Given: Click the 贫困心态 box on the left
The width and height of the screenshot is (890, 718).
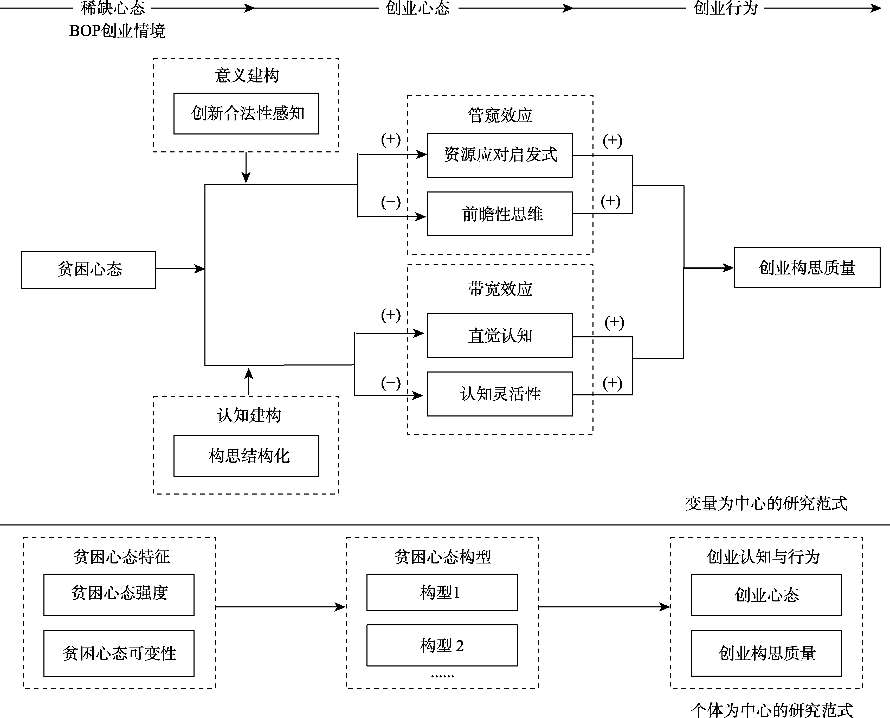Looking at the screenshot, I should click(88, 270).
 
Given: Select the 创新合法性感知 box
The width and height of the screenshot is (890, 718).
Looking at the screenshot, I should click(246, 114).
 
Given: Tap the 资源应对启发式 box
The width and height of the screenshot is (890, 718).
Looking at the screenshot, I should click(500, 156).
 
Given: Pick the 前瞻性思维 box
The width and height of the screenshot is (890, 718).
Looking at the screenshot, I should click(500, 214).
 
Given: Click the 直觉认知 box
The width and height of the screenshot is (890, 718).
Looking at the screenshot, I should click(500, 335).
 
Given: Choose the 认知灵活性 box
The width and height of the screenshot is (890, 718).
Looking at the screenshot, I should click(500, 394).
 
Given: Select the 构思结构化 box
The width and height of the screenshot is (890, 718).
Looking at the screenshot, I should click(246, 456).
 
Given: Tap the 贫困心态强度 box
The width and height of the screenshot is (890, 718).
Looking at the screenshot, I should click(119, 594).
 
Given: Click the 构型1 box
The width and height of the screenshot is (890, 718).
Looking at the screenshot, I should click(442, 592).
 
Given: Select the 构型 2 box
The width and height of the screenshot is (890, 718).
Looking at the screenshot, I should click(442, 645).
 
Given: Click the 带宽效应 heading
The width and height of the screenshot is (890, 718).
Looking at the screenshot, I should click(500, 289).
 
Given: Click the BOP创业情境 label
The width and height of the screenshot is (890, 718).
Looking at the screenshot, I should click(117, 31).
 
